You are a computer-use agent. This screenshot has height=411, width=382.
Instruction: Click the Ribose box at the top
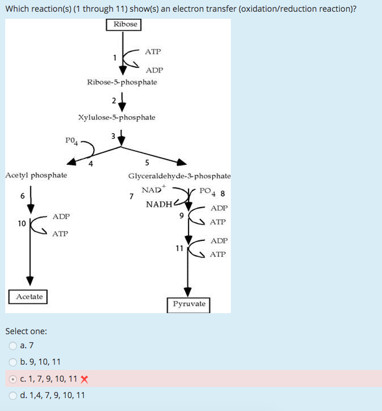(124, 24)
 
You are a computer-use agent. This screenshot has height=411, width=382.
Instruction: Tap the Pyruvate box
(189, 304)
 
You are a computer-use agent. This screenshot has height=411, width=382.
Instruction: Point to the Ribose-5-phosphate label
(122, 82)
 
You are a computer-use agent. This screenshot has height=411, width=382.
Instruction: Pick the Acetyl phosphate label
(36, 175)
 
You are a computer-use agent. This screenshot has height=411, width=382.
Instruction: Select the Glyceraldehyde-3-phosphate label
(179, 176)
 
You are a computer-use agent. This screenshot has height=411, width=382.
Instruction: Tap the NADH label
(159, 204)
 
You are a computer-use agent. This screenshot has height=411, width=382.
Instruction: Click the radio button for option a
(13, 346)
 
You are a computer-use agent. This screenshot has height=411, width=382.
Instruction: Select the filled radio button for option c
(13, 379)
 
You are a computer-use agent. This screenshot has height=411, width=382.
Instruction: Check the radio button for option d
(13, 395)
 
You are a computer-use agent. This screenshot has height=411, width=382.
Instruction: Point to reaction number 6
(22, 196)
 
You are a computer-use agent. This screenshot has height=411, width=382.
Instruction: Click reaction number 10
(22, 223)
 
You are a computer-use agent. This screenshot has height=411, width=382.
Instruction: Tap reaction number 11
(179, 247)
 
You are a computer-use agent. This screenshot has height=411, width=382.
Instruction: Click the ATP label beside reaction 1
(153, 52)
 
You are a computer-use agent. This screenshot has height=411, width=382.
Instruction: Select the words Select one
(26, 331)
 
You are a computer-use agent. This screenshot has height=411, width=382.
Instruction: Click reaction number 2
(114, 100)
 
